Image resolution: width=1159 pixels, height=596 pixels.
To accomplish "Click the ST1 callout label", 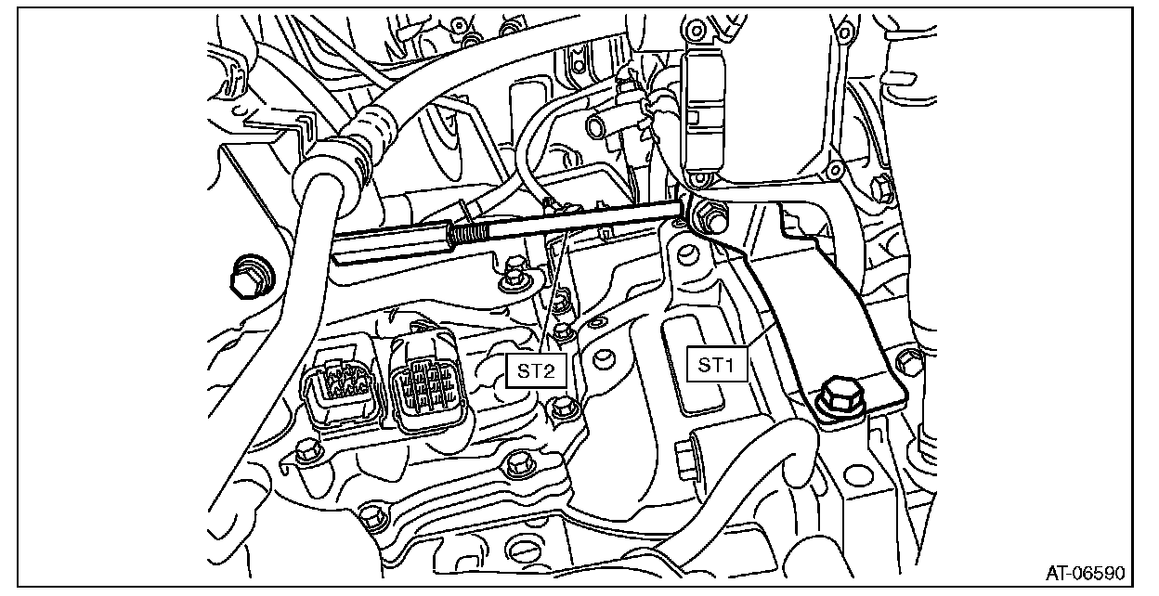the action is [717, 366].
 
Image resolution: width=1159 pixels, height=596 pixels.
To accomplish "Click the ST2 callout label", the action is [537, 370].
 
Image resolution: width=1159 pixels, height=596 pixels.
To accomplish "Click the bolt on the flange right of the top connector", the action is [833, 169].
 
